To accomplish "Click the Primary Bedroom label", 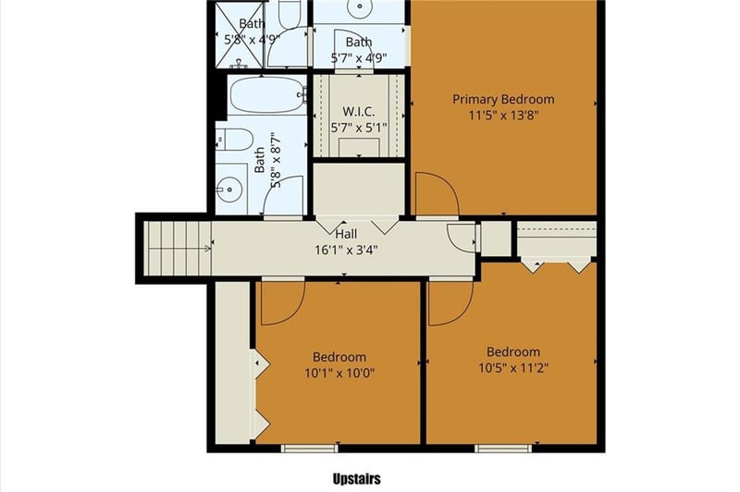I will (x=502, y=100).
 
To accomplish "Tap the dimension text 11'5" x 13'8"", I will (x=502, y=117).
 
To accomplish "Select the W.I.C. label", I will (x=357, y=112).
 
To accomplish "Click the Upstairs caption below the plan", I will (x=356, y=479).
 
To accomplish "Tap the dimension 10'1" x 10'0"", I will (x=339, y=374).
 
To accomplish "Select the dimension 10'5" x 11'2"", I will (x=513, y=369).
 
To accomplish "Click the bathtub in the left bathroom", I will (x=266, y=93).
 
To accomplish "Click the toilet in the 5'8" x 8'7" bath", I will (x=236, y=141).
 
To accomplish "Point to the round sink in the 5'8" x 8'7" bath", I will (x=228, y=192).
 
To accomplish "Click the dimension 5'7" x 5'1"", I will (x=358, y=128).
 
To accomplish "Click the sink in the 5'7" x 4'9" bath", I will (x=359, y=7).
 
